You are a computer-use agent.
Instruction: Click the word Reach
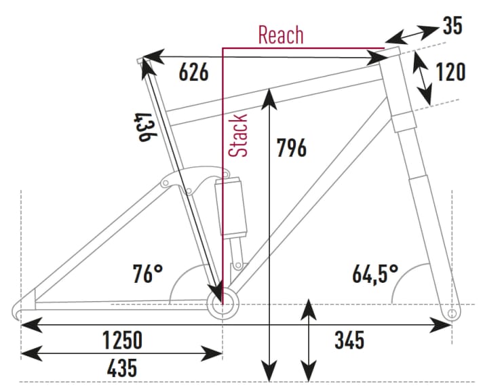click(x=280, y=35)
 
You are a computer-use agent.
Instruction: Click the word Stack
click(x=238, y=136)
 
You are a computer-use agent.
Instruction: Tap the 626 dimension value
click(x=193, y=73)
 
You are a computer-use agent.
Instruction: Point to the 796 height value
click(x=292, y=147)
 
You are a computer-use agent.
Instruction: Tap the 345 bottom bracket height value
click(x=349, y=339)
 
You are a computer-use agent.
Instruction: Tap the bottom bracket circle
click(x=223, y=303)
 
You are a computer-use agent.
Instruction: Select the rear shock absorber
click(x=230, y=207)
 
